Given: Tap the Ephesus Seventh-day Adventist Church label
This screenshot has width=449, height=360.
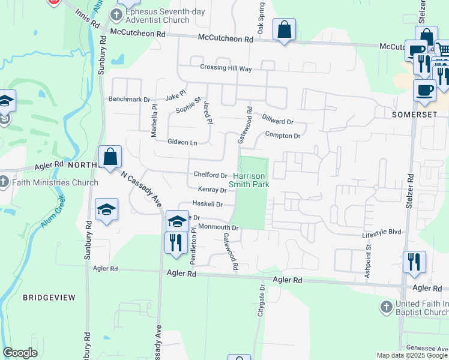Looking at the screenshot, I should click(x=158, y=16).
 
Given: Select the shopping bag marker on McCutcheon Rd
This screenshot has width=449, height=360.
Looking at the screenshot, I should click(x=284, y=30).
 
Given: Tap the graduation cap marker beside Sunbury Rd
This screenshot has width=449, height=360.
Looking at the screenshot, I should click(x=106, y=209).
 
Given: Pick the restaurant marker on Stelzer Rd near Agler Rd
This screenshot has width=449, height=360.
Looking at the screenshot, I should click(x=414, y=262).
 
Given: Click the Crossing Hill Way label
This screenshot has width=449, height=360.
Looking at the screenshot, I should click(x=226, y=68).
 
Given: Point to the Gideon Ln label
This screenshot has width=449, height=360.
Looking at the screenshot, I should click(x=182, y=142).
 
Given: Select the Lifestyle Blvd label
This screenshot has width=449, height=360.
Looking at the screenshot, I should click(x=381, y=231).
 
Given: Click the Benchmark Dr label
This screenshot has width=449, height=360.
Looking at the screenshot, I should click(x=128, y=99).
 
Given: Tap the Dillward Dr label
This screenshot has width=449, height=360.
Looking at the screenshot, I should click(x=277, y=120).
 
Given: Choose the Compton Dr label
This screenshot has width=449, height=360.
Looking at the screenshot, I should click(x=282, y=136).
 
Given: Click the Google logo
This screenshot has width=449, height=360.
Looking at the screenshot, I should click(x=20, y=353).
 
